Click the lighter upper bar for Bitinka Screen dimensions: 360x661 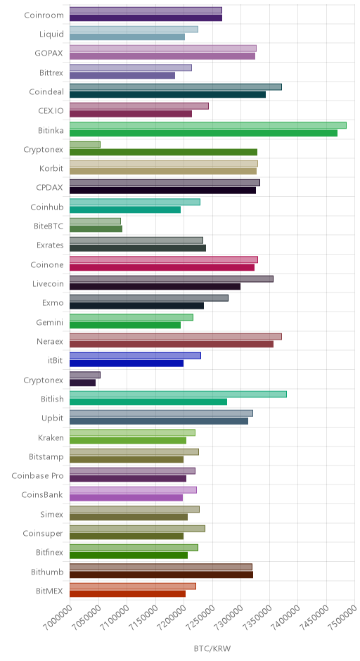208,125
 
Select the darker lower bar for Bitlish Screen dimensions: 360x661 148,402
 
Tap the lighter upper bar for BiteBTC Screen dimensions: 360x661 95,222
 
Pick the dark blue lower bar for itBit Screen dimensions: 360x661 127,364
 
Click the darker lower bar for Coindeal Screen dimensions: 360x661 168,94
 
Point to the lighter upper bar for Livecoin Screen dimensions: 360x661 172,278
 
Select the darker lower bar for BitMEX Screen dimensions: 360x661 128,594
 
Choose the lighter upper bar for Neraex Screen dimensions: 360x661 176,336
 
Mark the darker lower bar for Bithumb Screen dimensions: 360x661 162,575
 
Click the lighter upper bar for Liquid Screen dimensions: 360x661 134,30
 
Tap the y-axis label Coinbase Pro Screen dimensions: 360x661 37,476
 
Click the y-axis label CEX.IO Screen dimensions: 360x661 51,111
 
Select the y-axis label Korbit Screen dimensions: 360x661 51,169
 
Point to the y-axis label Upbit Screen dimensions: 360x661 52,418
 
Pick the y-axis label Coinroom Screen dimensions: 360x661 44,15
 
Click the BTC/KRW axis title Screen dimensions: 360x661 212,648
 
